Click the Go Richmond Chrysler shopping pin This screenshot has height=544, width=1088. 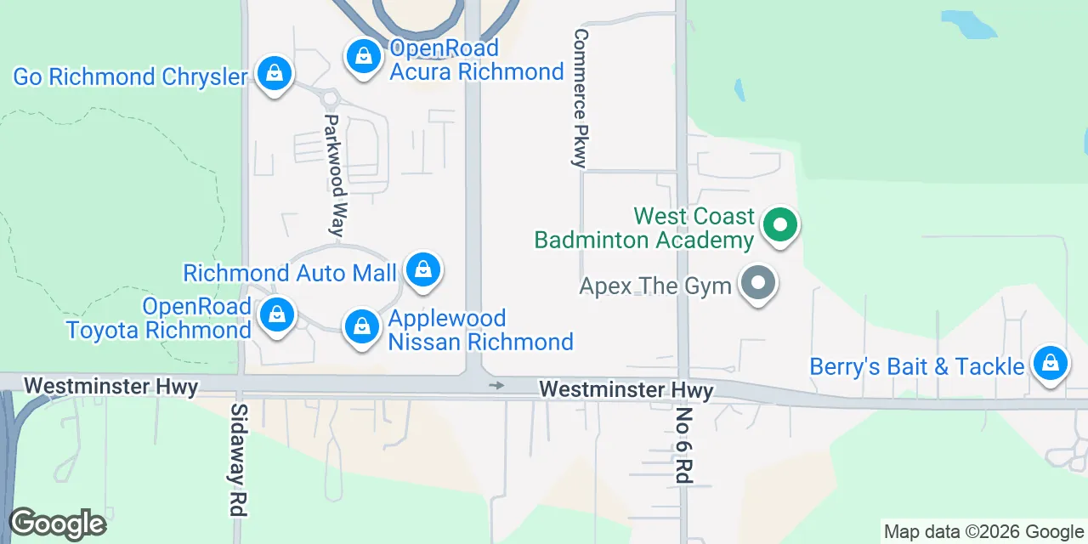[275, 74]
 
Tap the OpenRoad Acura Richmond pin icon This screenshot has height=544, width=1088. [364, 57]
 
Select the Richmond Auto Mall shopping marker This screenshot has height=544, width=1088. [422, 271]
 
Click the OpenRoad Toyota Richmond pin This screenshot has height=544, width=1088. [276, 314]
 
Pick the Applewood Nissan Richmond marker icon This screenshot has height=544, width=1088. [361, 326]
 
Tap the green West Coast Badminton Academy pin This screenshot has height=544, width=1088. [779, 226]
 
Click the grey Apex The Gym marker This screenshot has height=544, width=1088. [756, 284]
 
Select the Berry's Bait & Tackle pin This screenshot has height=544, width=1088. [1051, 364]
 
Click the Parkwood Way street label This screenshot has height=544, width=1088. [337, 175]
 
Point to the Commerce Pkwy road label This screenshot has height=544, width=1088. [581, 99]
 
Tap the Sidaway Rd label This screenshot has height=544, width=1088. [238, 459]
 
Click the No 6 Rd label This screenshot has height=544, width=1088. [683, 445]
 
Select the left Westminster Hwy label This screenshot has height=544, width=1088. [110, 387]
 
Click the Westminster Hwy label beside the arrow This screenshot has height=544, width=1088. [626, 389]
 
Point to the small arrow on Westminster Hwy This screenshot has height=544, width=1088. [496, 386]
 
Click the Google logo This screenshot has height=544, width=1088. [57, 524]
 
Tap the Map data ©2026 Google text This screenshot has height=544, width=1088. [983, 532]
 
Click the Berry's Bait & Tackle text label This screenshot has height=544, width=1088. [916, 366]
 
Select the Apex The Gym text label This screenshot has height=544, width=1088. [655, 286]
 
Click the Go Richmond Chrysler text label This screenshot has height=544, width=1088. [130, 76]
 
